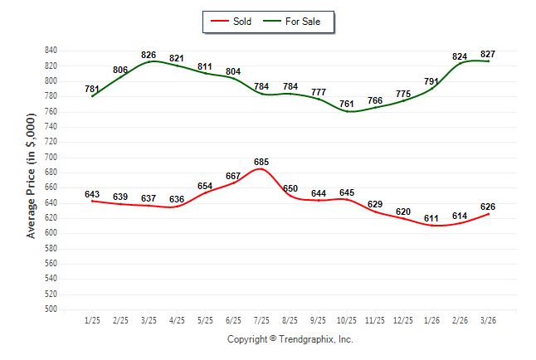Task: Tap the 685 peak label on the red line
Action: (x=262, y=162)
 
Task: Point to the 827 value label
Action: (x=488, y=54)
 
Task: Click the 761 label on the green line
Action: (x=347, y=105)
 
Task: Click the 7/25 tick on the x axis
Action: (x=261, y=319)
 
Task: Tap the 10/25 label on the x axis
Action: (x=347, y=319)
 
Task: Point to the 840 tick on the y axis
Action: (x=51, y=51)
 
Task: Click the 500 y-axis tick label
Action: (x=51, y=309)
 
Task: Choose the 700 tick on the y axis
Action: (x=51, y=157)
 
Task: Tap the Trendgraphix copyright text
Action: (x=290, y=339)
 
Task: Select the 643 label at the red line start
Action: (x=92, y=194)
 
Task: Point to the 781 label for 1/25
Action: (x=92, y=89)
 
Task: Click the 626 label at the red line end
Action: (x=488, y=207)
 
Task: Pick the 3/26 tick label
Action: (x=488, y=319)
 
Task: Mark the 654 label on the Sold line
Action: (x=205, y=186)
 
